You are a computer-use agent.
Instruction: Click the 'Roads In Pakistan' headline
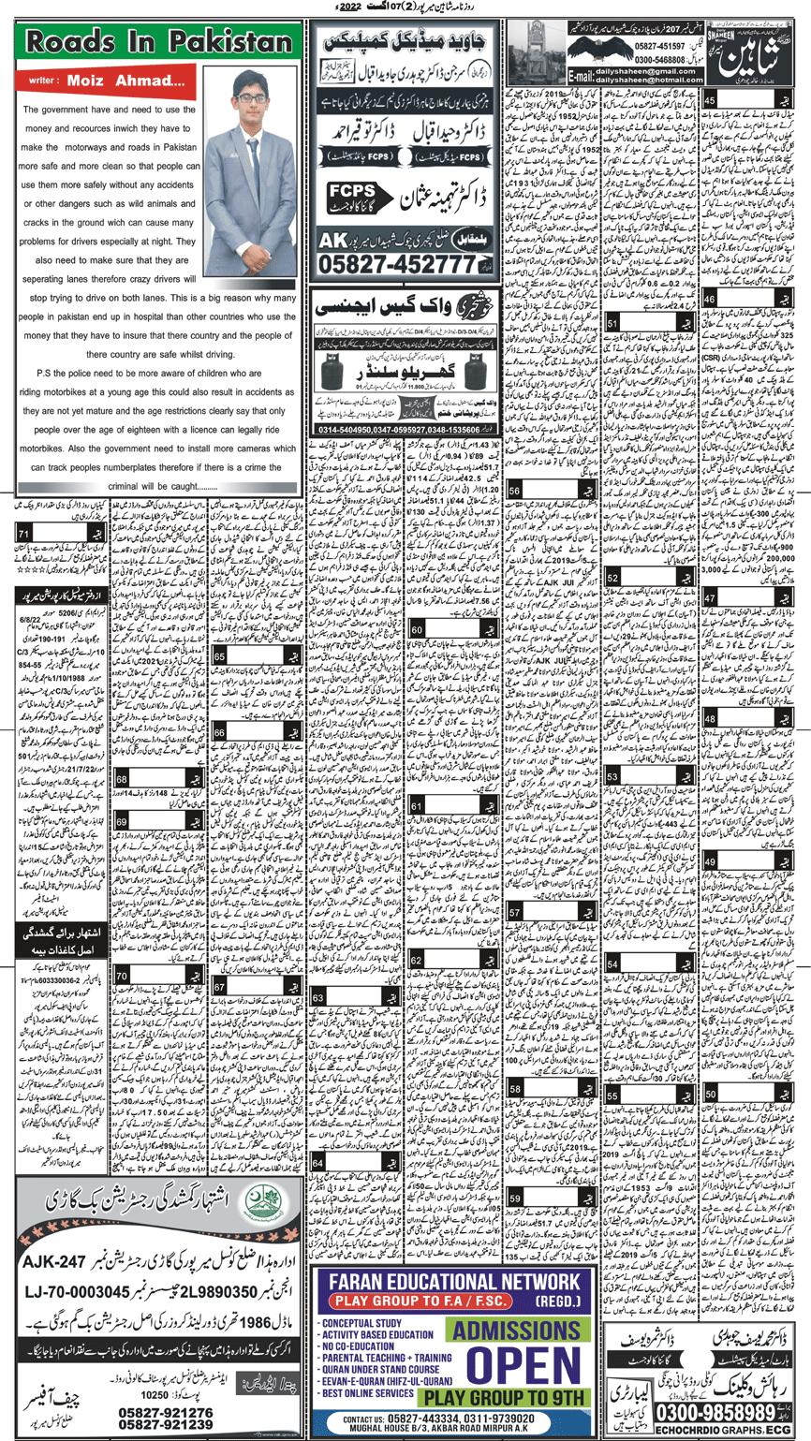[x=155, y=44]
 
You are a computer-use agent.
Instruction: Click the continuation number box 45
[x=712, y=100]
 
